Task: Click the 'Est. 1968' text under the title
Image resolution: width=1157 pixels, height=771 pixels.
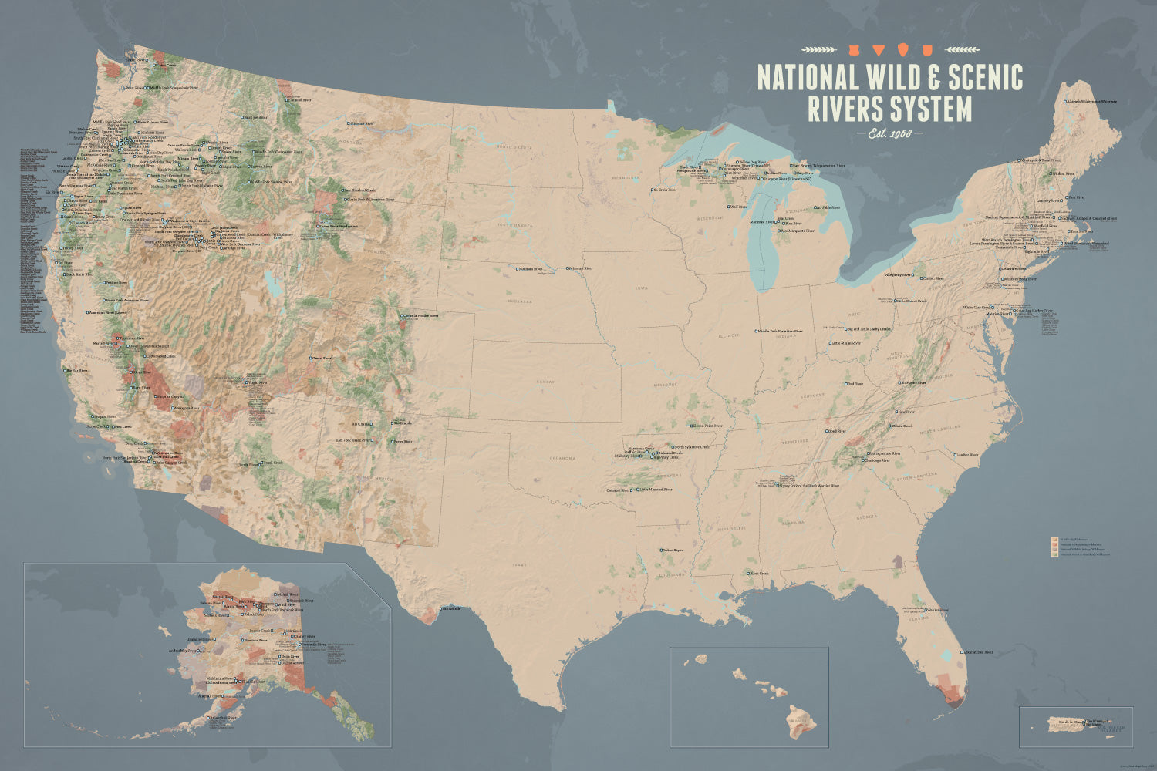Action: (x=889, y=134)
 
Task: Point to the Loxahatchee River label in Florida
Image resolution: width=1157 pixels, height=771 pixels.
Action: (x=977, y=652)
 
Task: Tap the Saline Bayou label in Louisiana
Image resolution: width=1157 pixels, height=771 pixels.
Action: (x=673, y=550)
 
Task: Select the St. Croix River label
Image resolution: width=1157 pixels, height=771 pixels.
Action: (x=665, y=189)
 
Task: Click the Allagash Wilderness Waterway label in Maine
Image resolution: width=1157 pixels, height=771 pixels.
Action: (x=1090, y=101)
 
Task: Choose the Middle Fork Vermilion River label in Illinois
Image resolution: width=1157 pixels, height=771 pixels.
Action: (x=781, y=331)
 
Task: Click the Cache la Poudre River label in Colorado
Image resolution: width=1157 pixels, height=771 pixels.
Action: (x=421, y=315)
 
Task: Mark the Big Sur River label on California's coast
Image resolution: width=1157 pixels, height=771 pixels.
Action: (x=77, y=370)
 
